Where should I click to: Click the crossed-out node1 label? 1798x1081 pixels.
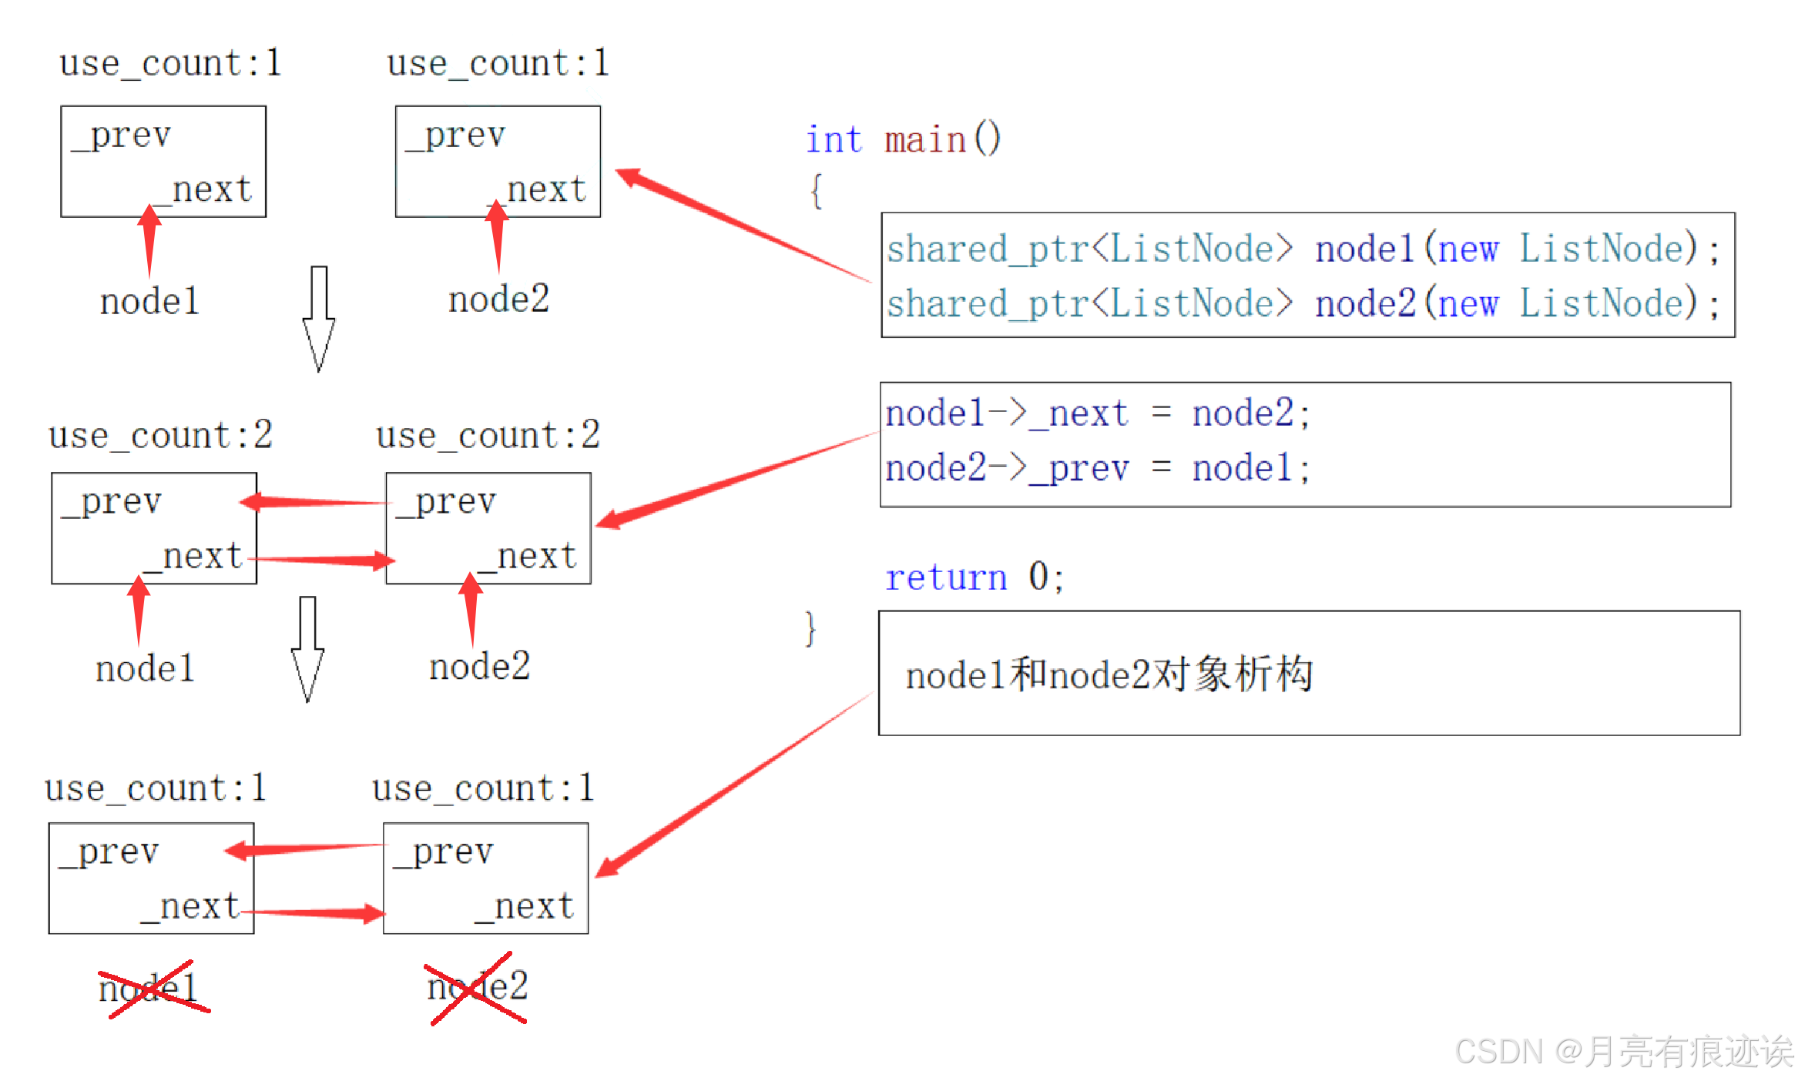pyautogui.click(x=150, y=989)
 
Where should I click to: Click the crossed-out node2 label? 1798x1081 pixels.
pyautogui.click(x=478, y=987)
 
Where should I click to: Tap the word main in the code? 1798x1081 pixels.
pyautogui.click(x=925, y=140)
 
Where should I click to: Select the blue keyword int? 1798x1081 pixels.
pyautogui.click(x=834, y=140)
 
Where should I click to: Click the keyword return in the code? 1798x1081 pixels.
pyautogui.click(x=946, y=577)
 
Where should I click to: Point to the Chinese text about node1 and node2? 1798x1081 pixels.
pyautogui.click(x=1109, y=674)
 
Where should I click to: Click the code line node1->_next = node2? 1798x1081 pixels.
pyautogui.click(x=1097, y=413)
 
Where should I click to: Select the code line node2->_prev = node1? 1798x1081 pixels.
pyautogui.click(x=1097, y=468)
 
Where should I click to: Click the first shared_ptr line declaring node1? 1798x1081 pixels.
pyautogui.click(x=1302, y=249)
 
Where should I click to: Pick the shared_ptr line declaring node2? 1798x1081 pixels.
pyautogui.click(x=1302, y=303)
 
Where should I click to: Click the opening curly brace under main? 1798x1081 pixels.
pyautogui.click(x=816, y=190)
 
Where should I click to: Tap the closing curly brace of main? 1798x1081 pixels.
pyautogui.click(x=810, y=628)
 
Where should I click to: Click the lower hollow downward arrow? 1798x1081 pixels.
pyautogui.click(x=307, y=648)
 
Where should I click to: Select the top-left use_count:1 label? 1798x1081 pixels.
pyautogui.click(x=170, y=63)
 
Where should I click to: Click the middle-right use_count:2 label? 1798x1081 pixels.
pyautogui.click(x=488, y=435)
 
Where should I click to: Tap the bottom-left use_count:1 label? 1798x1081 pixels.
pyautogui.click(x=156, y=788)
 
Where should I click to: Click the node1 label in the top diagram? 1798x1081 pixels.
pyautogui.click(x=149, y=301)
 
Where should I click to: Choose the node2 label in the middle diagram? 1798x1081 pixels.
pyautogui.click(x=479, y=667)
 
